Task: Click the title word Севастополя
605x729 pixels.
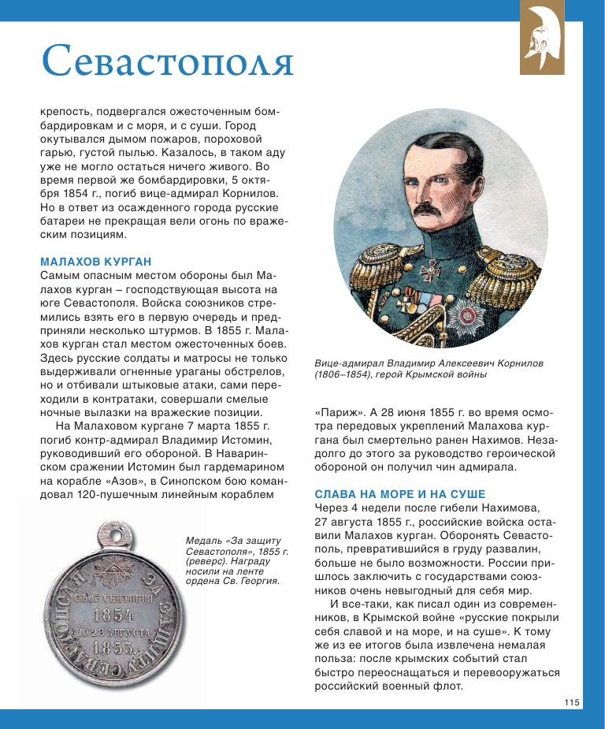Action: click(x=167, y=61)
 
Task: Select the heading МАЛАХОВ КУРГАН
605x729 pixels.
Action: click(x=95, y=261)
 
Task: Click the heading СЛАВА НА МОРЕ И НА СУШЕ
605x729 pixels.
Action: click(x=400, y=494)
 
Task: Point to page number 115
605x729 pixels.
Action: click(x=571, y=702)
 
